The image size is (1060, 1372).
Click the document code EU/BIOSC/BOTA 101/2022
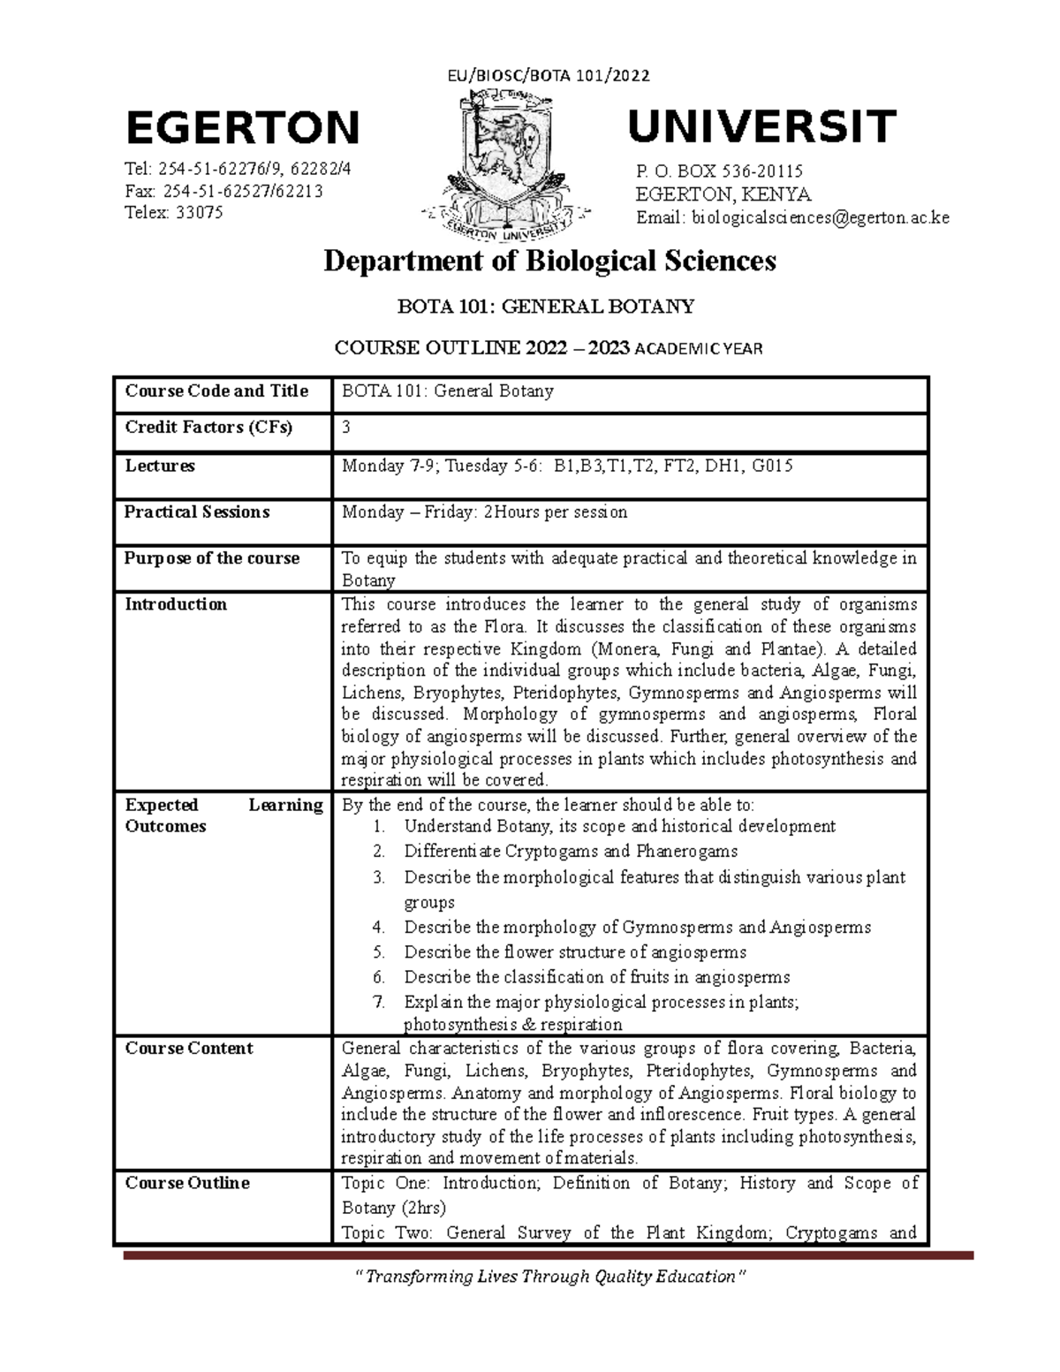coord(548,75)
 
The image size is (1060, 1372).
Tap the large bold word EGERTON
coord(243,128)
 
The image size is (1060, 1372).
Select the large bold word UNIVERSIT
coord(761,126)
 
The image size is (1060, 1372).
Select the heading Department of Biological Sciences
coord(549,261)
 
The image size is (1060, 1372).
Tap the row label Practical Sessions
coord(197,512)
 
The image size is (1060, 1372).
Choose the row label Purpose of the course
coord(212,558)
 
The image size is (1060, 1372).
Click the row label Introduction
coord(176,604)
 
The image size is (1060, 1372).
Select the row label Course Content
coord(189,1049)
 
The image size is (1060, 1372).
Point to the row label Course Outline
coord(187,1183)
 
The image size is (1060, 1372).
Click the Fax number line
coord(224,192)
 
